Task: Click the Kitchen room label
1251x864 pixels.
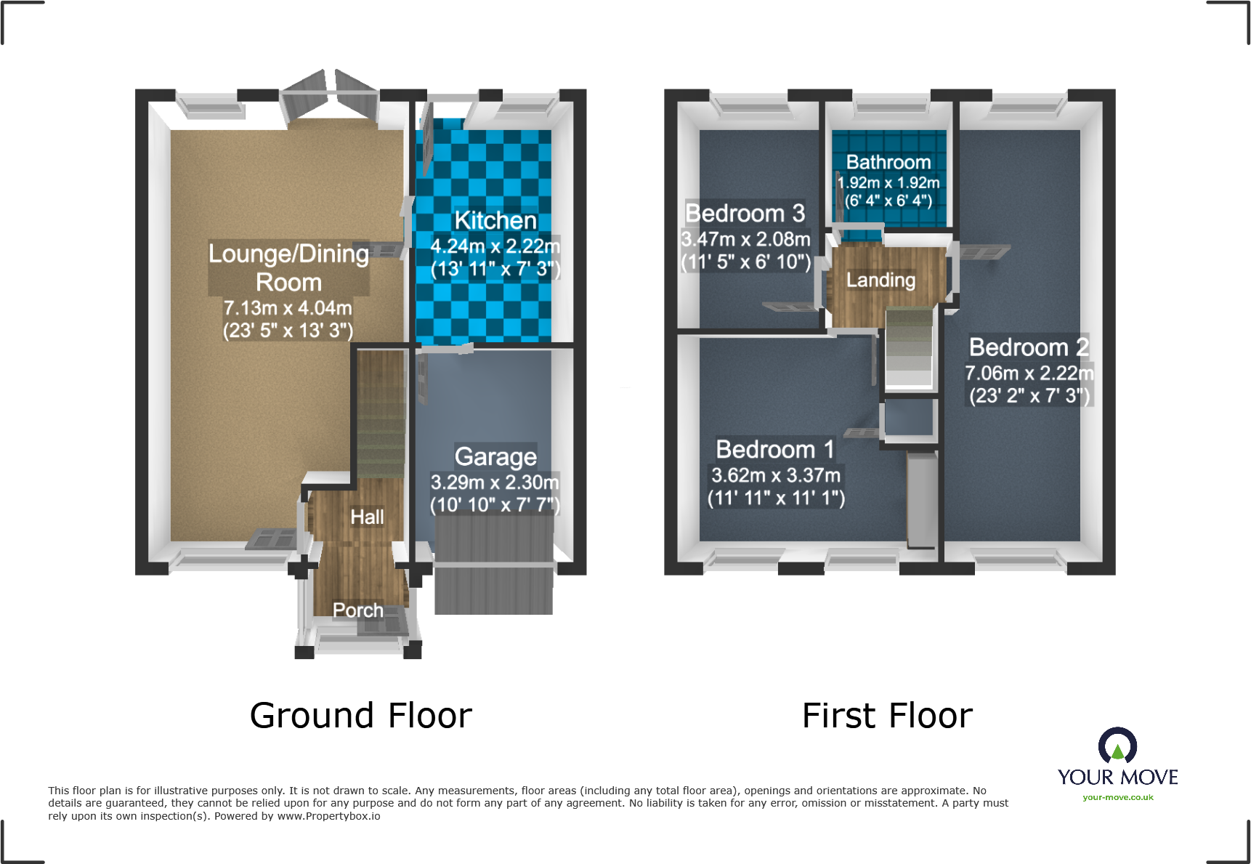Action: [495, 220]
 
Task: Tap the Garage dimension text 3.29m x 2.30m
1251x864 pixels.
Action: [495, 482]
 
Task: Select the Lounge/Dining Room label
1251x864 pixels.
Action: [288, 267]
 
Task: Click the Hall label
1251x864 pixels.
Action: [367, 517]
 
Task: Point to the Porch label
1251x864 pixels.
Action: [357, 610]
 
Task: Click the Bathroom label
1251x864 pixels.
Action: [888, 162]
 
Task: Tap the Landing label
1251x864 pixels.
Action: [880, 280]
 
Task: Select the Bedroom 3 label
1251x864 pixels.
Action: [745, 213]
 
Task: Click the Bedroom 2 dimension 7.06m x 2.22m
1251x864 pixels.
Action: [1029, 373]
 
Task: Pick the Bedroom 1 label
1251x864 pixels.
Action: [774, 449]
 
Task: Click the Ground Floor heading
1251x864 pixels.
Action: [360, 715]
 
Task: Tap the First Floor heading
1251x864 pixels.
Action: [887, 715]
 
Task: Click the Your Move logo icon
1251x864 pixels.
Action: [1117, 746]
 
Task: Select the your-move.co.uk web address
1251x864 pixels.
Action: [1117, 797]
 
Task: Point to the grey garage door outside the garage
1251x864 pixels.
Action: [494, 574]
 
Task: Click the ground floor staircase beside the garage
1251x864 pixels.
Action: [380, 414]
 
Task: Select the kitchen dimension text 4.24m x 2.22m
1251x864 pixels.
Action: [495, 246]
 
